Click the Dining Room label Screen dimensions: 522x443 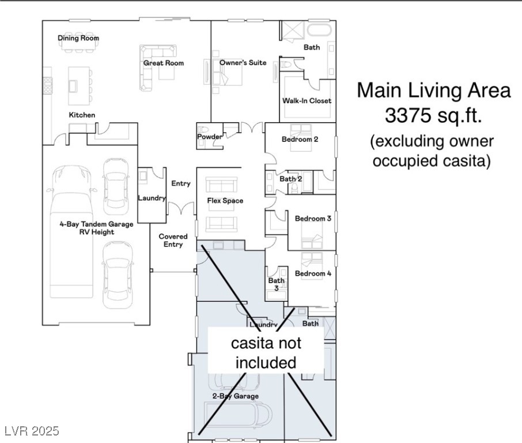(x=78, y=38)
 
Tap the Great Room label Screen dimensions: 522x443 (x=164, y=63)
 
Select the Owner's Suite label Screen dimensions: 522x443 (x=243, y=63)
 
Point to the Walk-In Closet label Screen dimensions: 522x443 (x=307, y=101)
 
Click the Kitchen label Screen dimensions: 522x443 (x=82, y=115)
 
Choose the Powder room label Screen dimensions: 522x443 (x=209, y=137)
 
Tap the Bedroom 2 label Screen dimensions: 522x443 (x=300, y=140)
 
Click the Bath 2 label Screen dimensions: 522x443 (x=290, y=179)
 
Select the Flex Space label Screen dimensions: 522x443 (x=225, y=201)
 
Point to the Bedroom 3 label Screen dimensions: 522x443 (x=313, y=219)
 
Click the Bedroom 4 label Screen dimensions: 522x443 (x=313, y=273)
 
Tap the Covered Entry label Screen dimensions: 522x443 (x=173, y=241)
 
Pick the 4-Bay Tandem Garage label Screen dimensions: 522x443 (x=97, y=224)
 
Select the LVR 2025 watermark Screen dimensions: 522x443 (x=32, y=431)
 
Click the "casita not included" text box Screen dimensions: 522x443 (x=266, y=350)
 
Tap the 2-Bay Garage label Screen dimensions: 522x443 (x=236, y=396)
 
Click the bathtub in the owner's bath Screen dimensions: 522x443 (x=319, y=29)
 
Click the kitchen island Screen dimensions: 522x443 (x=80, y=86)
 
